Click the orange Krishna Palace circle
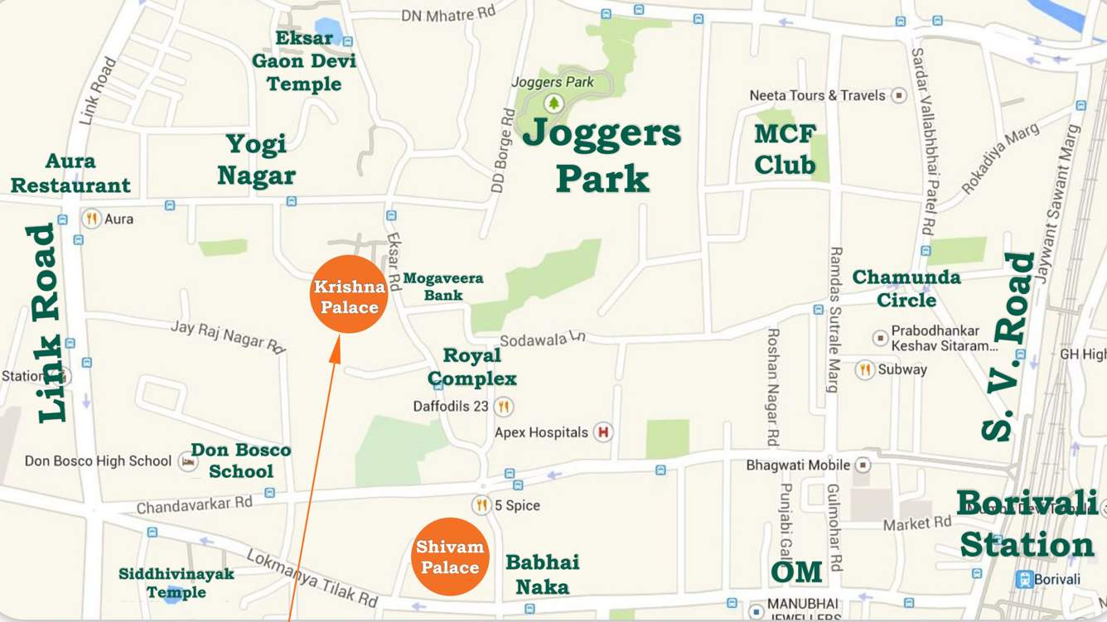(x=349, y=295)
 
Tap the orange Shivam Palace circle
(x=450, y=557)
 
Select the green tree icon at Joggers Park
(x=553, y=104)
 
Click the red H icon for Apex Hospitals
(x=603, y=432)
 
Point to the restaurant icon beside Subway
(x=865, y=369)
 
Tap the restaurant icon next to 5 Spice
(x=481, y=505)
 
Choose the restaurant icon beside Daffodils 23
(x=503, y=407)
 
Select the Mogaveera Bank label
(x=442, y=287)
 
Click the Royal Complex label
(x=472, y=367)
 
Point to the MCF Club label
(x=785, y=149)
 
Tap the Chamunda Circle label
(x=906, y=288)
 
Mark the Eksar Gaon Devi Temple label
(x=304, y=61)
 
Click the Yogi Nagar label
(x=256, y=160)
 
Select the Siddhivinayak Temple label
(x=176, y=583)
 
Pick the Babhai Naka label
(x=543, y=575)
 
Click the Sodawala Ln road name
(x=543, y=339)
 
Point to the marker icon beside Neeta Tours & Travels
(x=899, y=96)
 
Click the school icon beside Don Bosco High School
(x=188, y=461)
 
